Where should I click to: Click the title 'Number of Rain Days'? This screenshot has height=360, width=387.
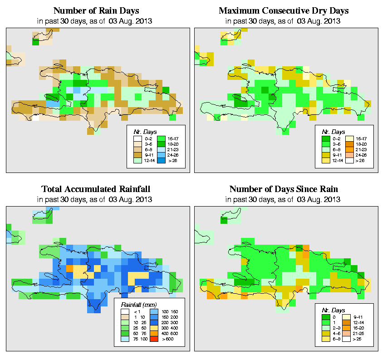click(97, 10)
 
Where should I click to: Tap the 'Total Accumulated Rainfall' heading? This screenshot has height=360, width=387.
click(97, 189)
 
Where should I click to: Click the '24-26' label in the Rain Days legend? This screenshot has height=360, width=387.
click(172, 154)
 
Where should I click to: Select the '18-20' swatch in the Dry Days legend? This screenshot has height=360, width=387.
click(350, 143)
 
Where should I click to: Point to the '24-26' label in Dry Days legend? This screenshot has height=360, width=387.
click(360, 155)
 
